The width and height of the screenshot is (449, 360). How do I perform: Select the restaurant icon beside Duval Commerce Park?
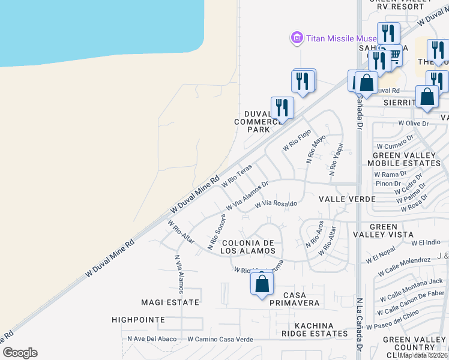[282, 108]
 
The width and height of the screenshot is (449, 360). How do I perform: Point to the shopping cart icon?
[394, 56]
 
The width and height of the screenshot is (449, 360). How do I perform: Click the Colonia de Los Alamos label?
[248, 247]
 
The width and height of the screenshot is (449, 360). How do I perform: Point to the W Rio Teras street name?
[237, 176]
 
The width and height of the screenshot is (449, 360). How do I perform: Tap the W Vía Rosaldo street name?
[276, 204]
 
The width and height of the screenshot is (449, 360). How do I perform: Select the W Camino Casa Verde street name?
[220, 339]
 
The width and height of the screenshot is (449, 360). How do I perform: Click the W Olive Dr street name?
[415, 123]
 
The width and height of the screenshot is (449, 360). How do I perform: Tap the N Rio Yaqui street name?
[335, 158]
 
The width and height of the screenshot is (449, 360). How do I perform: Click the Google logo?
[19, 353]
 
